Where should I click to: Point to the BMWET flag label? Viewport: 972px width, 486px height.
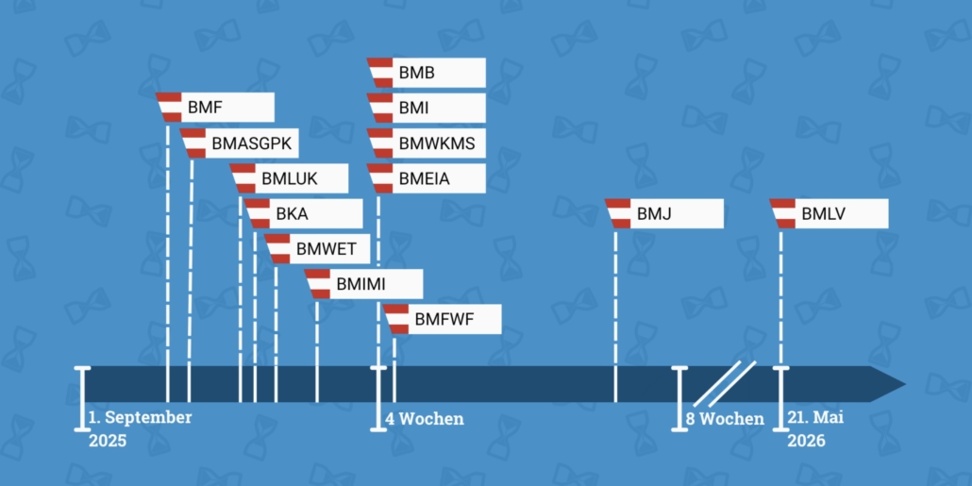tap(317, 249)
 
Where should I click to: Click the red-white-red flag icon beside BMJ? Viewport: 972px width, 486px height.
tap(619, 214)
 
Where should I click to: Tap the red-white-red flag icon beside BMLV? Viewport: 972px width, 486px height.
tap(783, 214)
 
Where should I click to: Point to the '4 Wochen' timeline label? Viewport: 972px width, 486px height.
tap(425, 419)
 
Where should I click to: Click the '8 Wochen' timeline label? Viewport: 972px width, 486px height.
tap(725, 419)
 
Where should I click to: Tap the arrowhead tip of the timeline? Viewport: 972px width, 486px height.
tap(906, 384)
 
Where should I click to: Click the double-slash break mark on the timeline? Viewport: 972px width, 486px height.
tap(724, 384)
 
